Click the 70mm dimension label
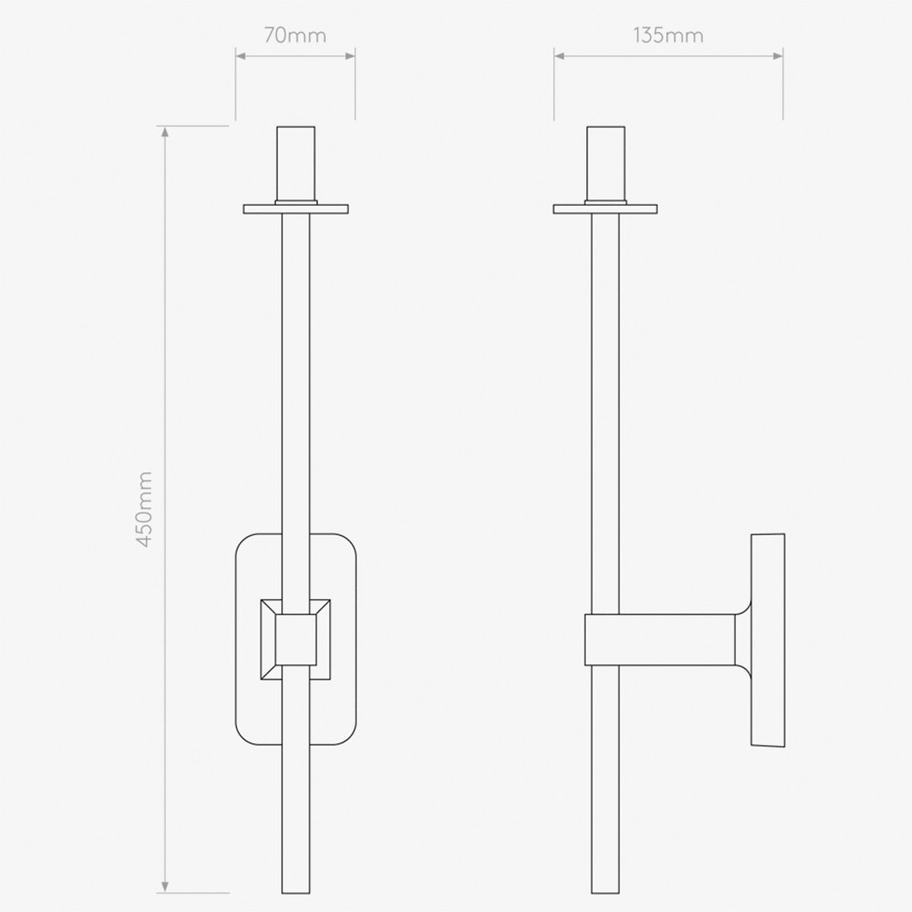295,36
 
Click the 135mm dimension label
668,36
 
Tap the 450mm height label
145,509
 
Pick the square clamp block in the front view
296,638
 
